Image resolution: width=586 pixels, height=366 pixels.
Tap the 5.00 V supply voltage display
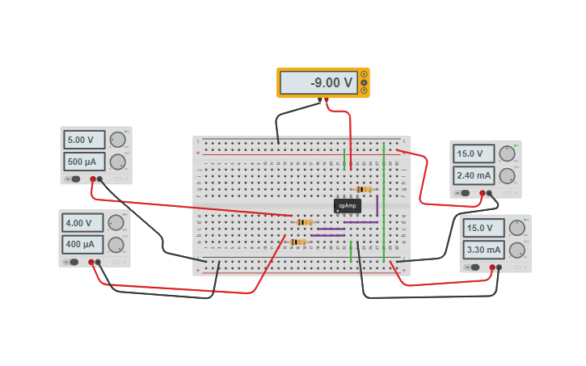tap(84, 140)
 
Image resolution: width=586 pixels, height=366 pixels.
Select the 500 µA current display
tap(84, 162)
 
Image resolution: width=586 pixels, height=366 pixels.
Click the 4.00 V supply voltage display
tap(82, 223)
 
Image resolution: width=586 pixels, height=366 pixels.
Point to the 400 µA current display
tap(82, 245)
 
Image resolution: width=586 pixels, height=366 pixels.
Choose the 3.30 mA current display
tap(483, 250)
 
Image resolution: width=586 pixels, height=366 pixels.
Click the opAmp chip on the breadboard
tap(348, 206)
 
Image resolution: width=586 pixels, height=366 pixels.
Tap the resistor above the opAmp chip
tap(364, 190)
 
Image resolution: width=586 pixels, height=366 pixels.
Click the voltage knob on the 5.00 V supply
tap(118, 140)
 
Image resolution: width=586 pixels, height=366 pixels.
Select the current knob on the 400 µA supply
tap(116, 245)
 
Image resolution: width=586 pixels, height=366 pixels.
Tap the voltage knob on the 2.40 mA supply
tap(508, 154)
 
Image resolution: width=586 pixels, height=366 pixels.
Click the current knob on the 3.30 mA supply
tap(516, 250)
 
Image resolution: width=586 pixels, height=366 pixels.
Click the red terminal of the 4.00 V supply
tap(91, 262)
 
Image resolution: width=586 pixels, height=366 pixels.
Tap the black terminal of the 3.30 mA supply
tap(499, 267)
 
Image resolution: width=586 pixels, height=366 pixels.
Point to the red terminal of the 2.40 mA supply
tap(483, 193)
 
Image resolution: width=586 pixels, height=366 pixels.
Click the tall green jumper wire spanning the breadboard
tap(384, 202)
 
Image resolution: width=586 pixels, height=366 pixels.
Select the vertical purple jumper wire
tap(377, 205)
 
